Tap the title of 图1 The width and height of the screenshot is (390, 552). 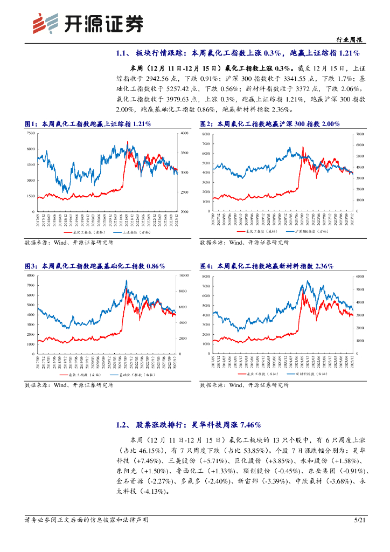coord(88,124)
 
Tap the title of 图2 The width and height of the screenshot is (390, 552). coord(270,124)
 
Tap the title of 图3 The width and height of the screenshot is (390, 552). coord(95,266)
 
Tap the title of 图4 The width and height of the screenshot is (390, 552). coord(267,266)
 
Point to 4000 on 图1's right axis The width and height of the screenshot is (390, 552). coord(185,133)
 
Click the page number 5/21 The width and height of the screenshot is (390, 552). coord(360,520)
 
